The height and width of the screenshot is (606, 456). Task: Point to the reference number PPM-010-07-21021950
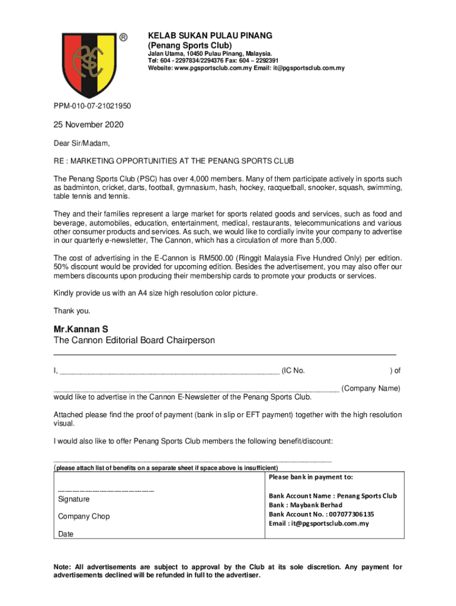(92, 107)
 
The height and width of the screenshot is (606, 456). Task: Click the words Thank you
(72, 311)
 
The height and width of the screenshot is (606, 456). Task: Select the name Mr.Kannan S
(81, 328)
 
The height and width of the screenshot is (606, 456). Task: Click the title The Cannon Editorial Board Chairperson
(134, 340)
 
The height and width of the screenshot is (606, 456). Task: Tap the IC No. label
(293, 370)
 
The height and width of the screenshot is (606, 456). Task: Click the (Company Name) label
(371, 388)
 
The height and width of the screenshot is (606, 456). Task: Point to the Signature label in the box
(74, 499)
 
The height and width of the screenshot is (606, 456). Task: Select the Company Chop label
(84, 517)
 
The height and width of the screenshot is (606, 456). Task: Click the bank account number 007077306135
(347, 514)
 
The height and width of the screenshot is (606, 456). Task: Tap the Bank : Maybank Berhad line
(306, 505)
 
